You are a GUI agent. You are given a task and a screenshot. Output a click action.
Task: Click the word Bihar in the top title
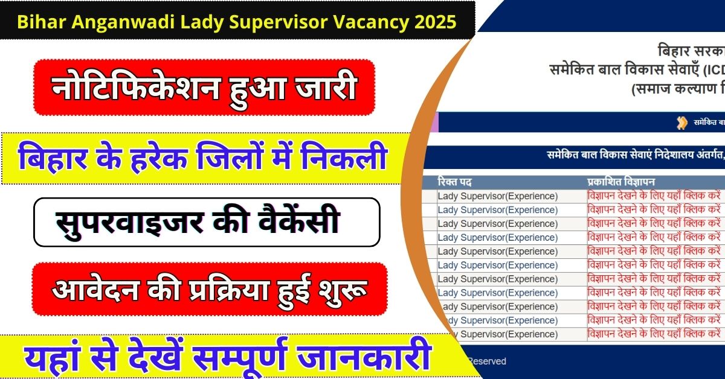pos(37,23)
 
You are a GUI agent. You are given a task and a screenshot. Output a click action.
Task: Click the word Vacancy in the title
pos(361,23)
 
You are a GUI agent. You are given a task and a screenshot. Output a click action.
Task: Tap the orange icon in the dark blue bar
pos(682,123)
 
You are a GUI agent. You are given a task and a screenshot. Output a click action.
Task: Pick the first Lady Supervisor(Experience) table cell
pos(497,196)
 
